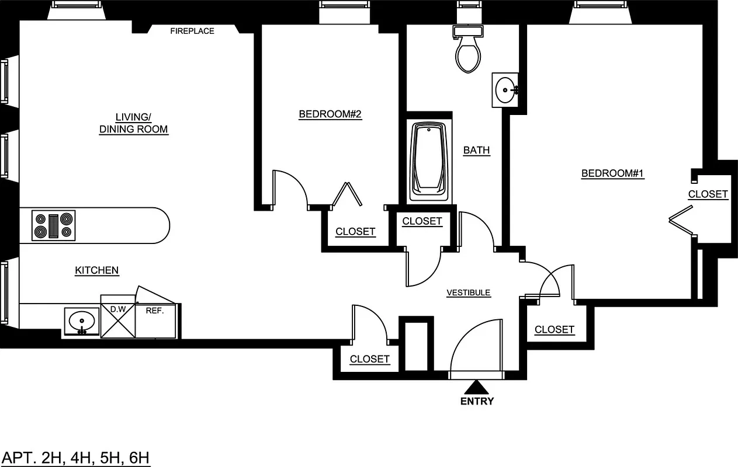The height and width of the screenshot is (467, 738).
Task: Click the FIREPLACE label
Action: [x=192, y=31]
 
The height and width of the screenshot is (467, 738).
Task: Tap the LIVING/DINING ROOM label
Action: [x=133, y=124]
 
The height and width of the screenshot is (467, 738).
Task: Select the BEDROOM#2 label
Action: [x=330, y=114]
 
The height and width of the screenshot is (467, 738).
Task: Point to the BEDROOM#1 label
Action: [x=612, y=173]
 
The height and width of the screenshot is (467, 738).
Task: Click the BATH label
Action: [x=476, y=151]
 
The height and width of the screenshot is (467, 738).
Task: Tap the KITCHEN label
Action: [x=97, y=270]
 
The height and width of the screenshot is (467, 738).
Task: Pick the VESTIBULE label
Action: [x=469, y=292]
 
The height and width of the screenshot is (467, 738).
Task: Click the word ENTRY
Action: [x=477, y=401]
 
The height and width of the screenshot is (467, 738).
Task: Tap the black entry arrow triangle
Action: [x=477, y=387]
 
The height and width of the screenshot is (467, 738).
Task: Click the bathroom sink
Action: [x=505, y=90]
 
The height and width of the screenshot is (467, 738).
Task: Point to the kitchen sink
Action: [x=82, y=321]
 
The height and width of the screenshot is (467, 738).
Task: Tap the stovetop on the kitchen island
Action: [x=54, y=226]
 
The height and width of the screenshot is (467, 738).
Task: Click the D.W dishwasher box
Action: [x=118, y=317]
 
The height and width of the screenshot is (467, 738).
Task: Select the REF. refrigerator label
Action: [x=155, y=311]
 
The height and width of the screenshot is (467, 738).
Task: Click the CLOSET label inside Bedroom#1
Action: [x=708, y=194]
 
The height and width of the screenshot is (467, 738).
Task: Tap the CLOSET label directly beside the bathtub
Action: [x=422, y=221]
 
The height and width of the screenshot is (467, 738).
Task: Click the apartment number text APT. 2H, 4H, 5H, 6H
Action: [x=76, y=457]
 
